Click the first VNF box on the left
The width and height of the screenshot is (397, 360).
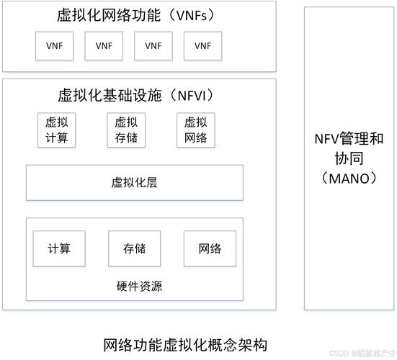click(x=55, y=46)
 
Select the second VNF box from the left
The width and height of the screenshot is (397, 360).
click(x=104, y=46)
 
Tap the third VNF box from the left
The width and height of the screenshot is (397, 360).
click(x=153, y=46)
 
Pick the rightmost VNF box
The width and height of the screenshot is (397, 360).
click(x=202, y=46)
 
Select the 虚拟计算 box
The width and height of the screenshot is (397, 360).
click(x=57, y=130)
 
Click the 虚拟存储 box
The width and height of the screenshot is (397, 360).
click(x=126, y=130)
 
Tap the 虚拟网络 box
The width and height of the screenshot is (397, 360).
click(x=195, y=130)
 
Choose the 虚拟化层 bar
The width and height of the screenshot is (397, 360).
click(x=135, y=182)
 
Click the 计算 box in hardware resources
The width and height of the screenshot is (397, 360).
click(x=59, y=248)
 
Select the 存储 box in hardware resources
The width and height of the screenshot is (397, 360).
click(x=135, y=248)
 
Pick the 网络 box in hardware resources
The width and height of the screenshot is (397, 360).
click(x=210, y=248)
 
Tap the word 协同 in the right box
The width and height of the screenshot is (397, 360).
click(x=349, y=158)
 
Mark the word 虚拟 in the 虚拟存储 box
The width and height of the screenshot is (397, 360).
click(x=126, y=122)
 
